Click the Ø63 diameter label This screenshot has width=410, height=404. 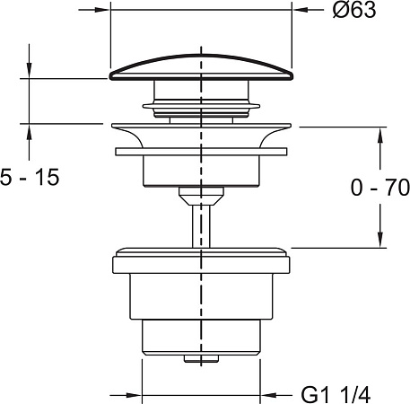(354, 11)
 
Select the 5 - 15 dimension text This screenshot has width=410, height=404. (30, 177)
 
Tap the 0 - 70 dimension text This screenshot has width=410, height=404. (380, 188)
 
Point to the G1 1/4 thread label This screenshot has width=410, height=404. (336, 395)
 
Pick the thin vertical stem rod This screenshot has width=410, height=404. (201, 226)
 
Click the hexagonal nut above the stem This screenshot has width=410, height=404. (201, 196)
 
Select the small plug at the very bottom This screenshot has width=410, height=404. (201, 358)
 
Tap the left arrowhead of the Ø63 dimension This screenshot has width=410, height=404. (102, 10)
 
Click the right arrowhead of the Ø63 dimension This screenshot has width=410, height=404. (300, 10)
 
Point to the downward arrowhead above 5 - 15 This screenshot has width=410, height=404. (29, 71)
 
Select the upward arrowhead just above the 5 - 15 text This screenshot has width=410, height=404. (29, 132)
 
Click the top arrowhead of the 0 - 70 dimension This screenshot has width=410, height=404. (380, 136)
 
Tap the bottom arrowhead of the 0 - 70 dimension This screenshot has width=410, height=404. (380, 240)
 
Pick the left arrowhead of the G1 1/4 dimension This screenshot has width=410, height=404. (134, 395)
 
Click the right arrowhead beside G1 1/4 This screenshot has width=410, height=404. (268, 395)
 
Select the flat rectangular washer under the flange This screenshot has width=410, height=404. (201, 152)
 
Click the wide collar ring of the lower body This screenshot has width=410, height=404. (201, 265)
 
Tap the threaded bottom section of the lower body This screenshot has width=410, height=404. (201, 338)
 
